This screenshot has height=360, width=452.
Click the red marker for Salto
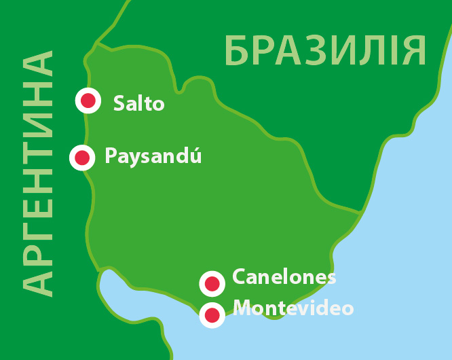click(88, 101)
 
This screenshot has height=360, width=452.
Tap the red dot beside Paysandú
click(82, 158)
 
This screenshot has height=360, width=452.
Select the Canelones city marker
click(212, 283)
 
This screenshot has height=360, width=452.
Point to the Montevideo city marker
click(212, 314)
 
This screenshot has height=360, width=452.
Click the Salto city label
click(139, 104)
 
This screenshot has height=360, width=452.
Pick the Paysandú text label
click(153, 157)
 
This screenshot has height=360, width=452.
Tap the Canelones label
click(284, 277)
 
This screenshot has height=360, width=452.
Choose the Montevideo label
click(293, 308)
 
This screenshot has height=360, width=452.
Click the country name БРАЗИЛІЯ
click(326, 52)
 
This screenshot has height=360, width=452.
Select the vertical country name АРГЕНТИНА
click(38, 173)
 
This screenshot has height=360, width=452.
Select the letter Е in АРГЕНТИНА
click(38, 204)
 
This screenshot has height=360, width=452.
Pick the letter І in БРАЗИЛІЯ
click(390, 52)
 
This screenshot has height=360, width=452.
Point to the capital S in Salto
click(119, 104)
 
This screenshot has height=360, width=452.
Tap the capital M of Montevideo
click(242, 308)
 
